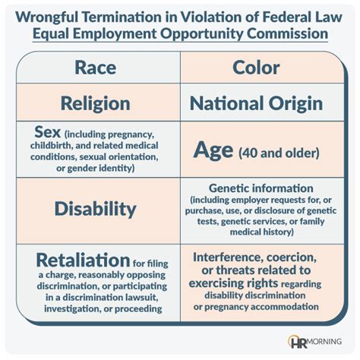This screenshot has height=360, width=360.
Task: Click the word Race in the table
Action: (x=96, y=68)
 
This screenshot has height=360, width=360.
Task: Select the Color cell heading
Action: (x=256, y=68)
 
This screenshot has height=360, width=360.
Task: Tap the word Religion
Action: (x=96, y=104)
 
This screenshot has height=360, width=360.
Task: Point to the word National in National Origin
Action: (x=227, y=103)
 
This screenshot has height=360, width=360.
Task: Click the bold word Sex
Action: (x=48, y=132)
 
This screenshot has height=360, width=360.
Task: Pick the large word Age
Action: (x=213, y=150)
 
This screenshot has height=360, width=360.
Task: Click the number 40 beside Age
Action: (x=248, y=153)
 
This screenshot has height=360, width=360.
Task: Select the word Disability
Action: (x=96, y=209)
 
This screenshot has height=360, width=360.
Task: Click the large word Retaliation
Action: (x=83, y=261)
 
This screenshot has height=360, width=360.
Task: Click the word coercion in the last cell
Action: (x=292, y=258)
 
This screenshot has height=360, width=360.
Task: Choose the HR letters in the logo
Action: (x=298, y=343)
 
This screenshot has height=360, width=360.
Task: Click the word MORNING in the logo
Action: (x=324, y=342)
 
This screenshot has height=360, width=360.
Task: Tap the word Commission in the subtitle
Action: (x=287, y=33)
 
